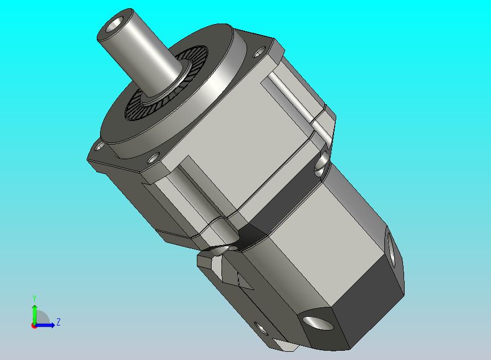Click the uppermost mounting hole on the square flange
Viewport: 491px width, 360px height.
click(x=259, y=53)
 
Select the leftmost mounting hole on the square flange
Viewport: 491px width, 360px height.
click(x=100, y=146)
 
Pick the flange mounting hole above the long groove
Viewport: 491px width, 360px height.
click(x=153, y=159)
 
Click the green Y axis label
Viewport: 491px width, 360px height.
click(x=34, y=298)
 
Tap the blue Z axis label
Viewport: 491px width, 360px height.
click(x=59, y=322)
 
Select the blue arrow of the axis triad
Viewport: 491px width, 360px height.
click(x=44, y=325)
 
